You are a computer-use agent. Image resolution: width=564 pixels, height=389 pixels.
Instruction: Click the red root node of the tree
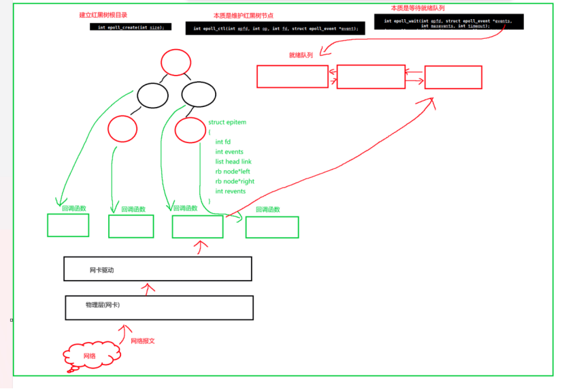[x=175, y=63]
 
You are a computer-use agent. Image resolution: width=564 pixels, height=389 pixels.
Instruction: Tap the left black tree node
[x=152, y=95]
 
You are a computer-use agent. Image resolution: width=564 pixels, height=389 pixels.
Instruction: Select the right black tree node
[x=198, y=94]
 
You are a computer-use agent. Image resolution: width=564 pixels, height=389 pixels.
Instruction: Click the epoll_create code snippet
[x=130, y=27]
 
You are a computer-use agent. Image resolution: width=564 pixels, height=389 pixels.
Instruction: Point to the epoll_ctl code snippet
[x=276, y=28]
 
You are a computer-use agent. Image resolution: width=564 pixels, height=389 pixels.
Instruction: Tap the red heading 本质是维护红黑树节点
[x=243, y=15]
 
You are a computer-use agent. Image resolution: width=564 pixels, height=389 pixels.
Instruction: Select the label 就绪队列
[x=301, y=55]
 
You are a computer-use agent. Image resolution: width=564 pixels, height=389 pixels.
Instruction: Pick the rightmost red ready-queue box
[x=453, y=77]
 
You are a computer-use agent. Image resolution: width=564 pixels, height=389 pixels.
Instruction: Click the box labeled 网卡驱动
[x=157, y=268]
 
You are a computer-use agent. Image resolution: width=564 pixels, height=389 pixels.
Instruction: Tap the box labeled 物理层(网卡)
[x=159, y=307]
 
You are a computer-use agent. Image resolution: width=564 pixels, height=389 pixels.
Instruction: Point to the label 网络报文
[x=143, y=341]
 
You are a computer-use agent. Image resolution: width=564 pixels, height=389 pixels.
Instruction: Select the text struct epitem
[x=227, y=122]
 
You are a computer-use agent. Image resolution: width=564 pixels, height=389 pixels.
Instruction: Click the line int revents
[x=230, y=191]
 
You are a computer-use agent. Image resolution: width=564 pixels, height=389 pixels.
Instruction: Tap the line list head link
[x=233, y=161]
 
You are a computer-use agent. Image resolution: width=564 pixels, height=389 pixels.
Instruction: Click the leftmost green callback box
[x=68, y=225]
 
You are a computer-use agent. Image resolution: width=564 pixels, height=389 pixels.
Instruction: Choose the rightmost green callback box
[x=271, y=227]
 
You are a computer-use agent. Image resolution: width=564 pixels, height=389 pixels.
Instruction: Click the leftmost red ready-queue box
[x=292, y=76]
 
